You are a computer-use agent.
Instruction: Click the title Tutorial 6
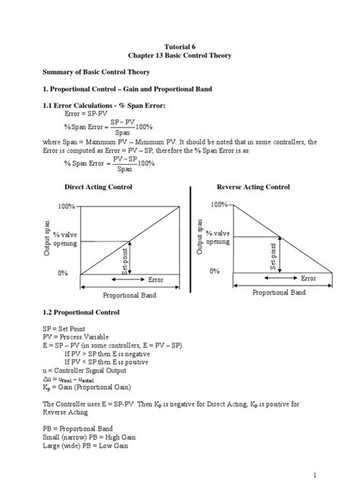180,46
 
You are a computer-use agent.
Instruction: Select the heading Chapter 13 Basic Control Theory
180,56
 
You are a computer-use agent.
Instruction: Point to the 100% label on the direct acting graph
66,207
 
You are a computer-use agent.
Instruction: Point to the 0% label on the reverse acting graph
215,270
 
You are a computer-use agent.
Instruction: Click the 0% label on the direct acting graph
64,273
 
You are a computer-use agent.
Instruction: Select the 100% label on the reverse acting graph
219,204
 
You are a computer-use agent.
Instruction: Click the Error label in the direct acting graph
155,279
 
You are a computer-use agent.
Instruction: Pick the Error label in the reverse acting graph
308,278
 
